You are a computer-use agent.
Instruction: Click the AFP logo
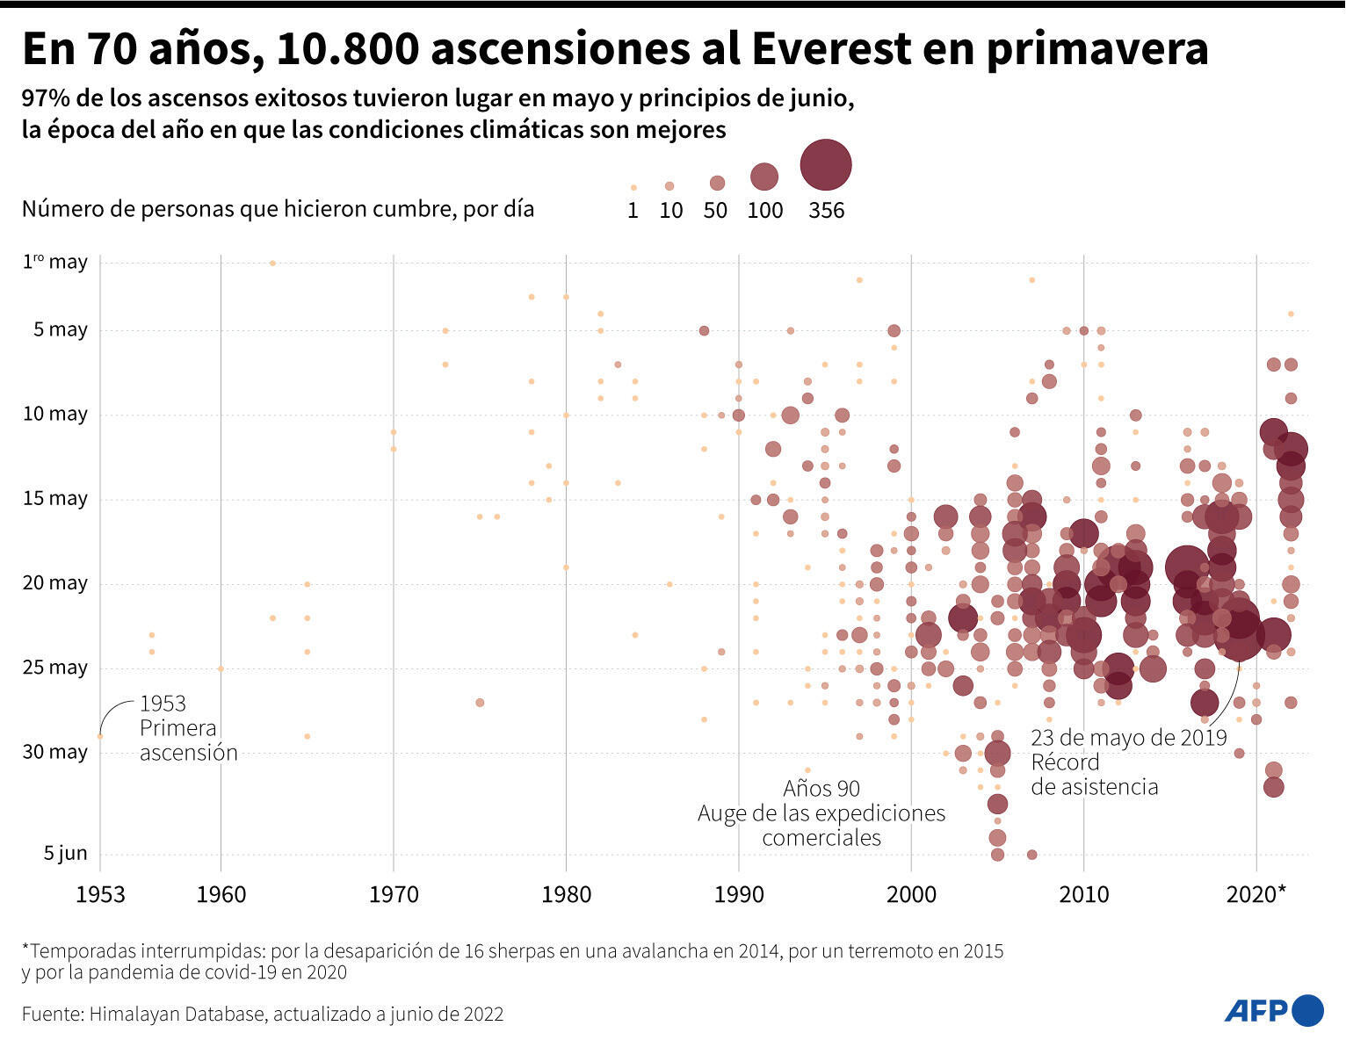(x=1273, y=1010)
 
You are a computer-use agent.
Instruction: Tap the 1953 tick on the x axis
(x=100, y=894)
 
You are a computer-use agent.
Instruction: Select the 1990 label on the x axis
(x=739, y=894)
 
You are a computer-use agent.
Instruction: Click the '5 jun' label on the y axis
(x=66, y=853)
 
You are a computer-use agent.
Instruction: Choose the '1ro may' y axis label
(x=55, y=262)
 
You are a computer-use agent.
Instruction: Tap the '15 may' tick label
(x=55, y=498)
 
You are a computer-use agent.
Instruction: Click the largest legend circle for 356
(x=826, y=164)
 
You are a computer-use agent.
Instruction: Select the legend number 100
(x=764, y=210)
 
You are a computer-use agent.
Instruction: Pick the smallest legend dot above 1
(x=633, y=187)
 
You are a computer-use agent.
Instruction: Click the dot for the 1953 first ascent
(x=100, y=736)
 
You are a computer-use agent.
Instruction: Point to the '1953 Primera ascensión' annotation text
(x=187, y=728)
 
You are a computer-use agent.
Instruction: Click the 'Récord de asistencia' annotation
(x=1094, y=774)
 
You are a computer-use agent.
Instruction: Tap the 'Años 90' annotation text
(x=821, y=788)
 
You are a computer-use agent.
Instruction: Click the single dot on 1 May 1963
(x=272, y=263)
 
